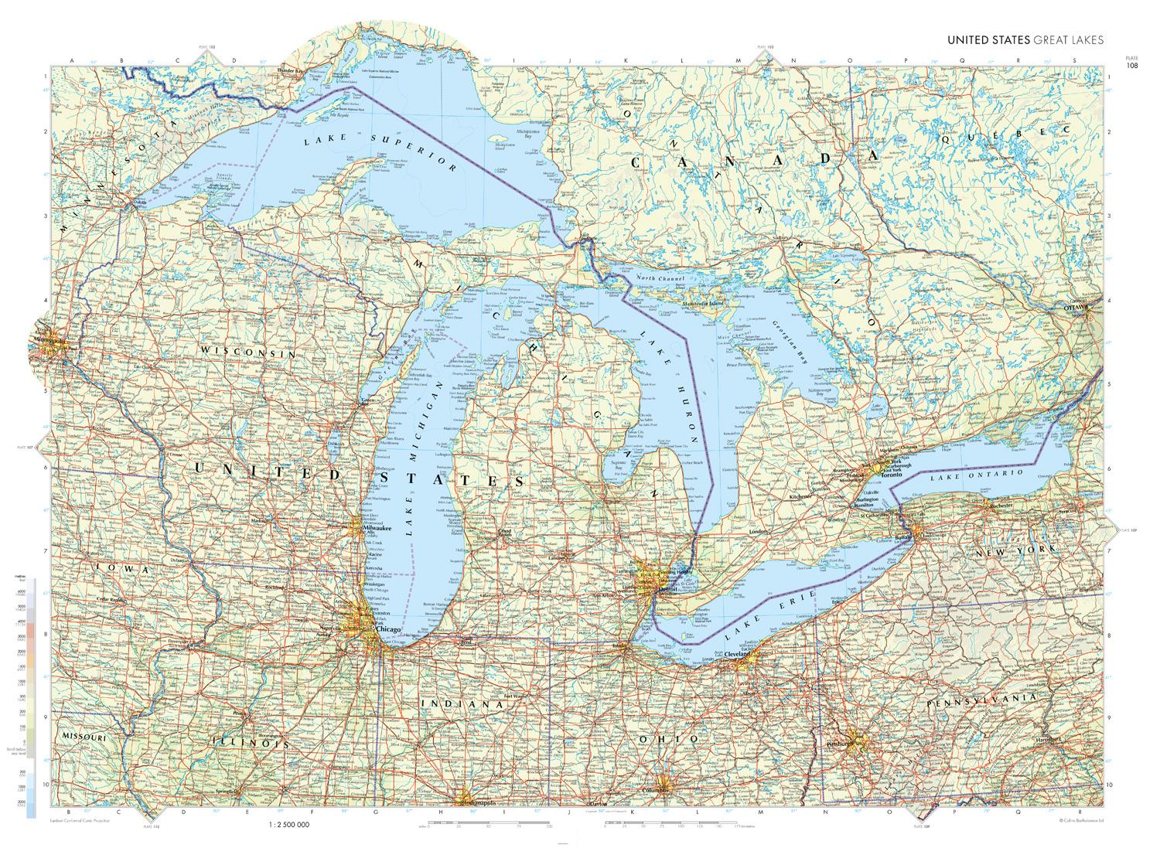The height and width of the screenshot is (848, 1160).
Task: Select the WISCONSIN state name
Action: click(x=249, y=352)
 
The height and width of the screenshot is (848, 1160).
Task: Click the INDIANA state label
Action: click(x=456, y=705)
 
